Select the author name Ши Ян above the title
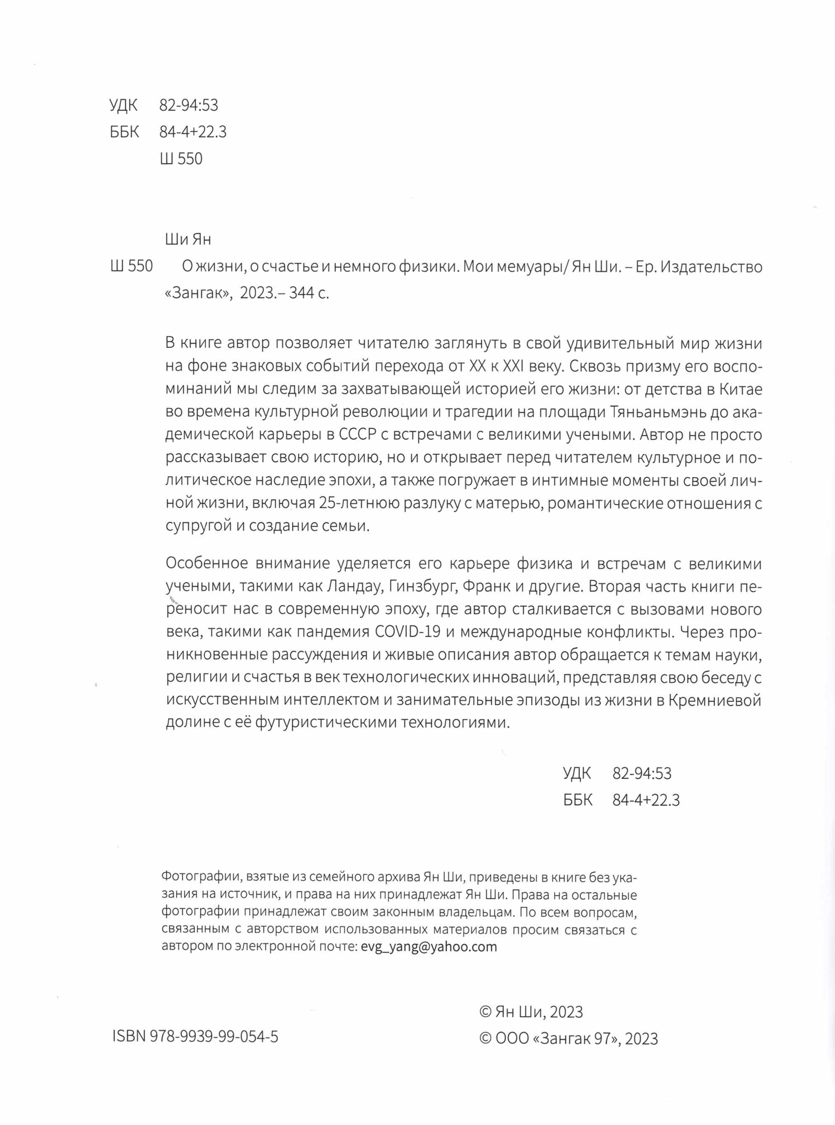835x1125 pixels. click(x=188, y=238)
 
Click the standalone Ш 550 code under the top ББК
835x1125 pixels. click(x=181, y=159)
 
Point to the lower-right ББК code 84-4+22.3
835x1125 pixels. click(x=646, y=800)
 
